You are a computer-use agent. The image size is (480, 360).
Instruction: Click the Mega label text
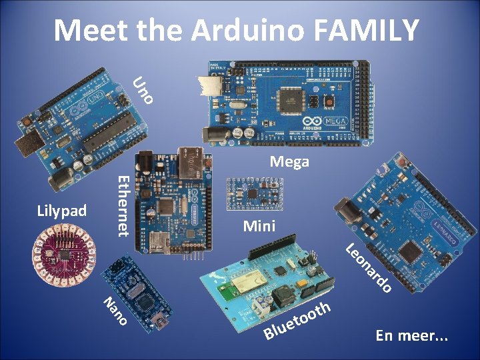289,161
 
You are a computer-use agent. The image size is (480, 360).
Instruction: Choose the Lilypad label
62,211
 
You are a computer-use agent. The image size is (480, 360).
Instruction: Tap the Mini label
259,225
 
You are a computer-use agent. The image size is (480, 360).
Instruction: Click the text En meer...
411,335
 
